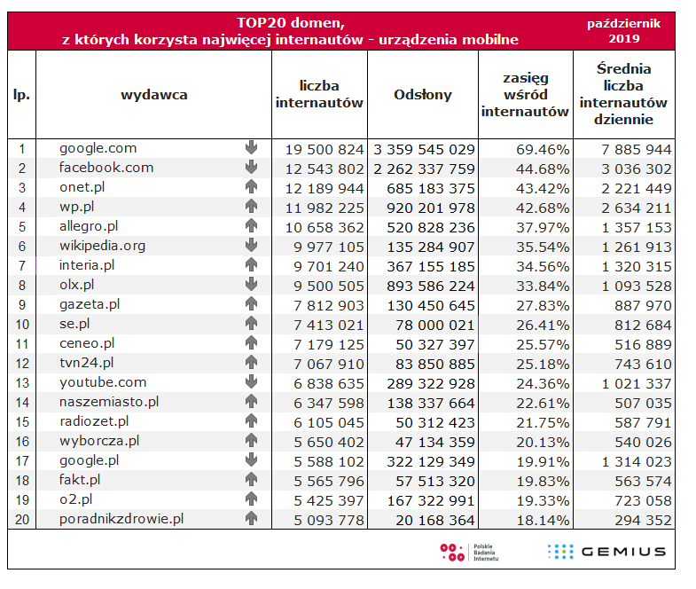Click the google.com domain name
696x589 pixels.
point(98,148)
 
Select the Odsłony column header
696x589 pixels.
point(422,95)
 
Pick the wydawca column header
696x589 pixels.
point(153,95)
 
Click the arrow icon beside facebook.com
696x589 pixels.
point(251,168)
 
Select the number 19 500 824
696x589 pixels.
point(325,148)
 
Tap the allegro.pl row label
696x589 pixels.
point(89,226)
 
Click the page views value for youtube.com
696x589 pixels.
point(424,382)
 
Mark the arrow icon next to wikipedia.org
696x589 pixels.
point(251,246)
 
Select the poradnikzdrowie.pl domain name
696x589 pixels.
point(121,519)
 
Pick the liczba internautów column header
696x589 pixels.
point(319,95)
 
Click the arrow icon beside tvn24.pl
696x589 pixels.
point(251,363)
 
